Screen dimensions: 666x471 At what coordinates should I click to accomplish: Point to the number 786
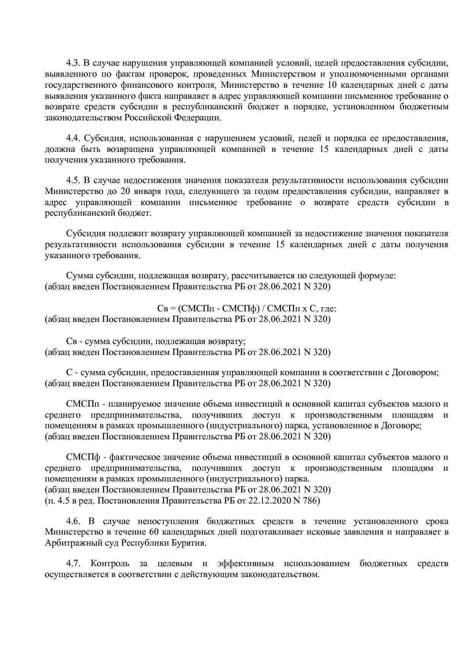[x=311, y=501]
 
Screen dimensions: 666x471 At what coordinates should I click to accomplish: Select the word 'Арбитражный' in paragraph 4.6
[x=68, y=543]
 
